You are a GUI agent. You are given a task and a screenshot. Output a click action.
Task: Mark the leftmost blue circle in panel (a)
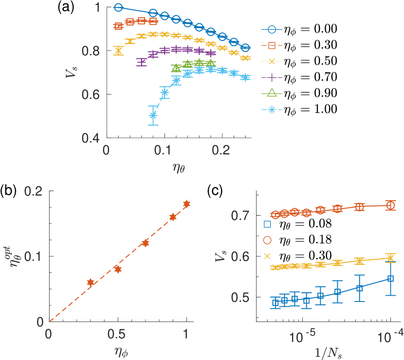(118, 8)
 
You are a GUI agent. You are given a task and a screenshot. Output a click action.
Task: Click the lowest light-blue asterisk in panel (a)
(153, 115)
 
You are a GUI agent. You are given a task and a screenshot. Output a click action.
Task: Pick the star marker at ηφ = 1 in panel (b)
(186, 204)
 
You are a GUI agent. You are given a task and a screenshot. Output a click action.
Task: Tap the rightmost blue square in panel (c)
(390, 279)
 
